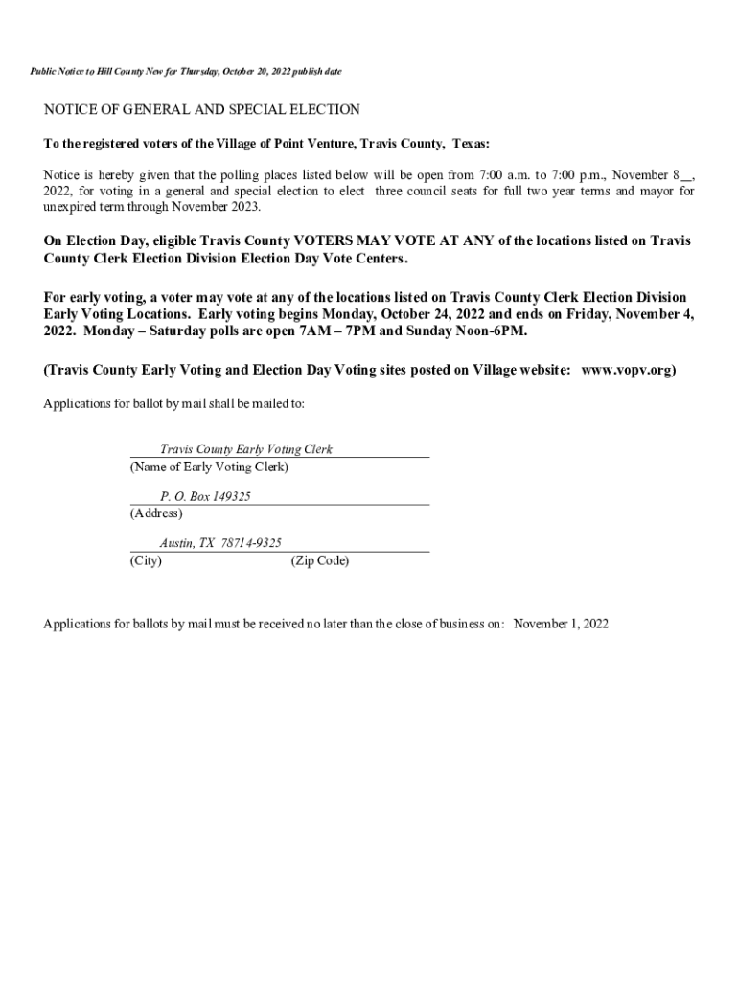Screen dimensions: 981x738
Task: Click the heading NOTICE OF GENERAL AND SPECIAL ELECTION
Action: point(201,110)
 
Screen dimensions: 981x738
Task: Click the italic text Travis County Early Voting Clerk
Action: point(246,449)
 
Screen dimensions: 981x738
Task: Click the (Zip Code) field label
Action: point(319,560)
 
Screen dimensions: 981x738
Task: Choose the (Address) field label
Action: point(155,513)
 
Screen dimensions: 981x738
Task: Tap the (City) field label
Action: point(146,560)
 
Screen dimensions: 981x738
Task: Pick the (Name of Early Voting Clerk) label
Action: point(208,467)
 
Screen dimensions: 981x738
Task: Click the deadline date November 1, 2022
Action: point(561,624)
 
